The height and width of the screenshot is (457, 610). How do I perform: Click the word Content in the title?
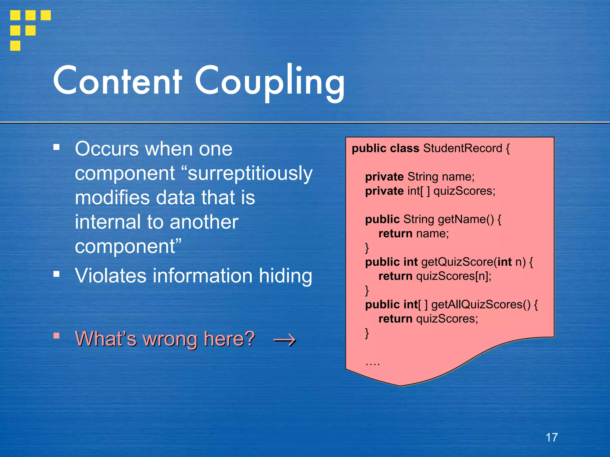pos(117,81)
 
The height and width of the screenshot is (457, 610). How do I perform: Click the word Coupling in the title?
pos(270,82)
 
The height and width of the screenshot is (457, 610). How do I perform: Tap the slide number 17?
pos(552,437)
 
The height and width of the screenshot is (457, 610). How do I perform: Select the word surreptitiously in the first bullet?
pos(250,173)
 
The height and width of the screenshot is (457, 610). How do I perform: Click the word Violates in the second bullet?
pos(111,276)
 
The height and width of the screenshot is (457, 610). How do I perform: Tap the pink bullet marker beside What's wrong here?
pos(56,336)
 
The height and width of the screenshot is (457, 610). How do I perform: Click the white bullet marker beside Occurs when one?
pos(56,147)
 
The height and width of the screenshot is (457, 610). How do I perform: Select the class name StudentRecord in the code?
pos(463,148)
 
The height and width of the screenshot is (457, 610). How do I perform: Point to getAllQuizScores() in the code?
pos(481,305)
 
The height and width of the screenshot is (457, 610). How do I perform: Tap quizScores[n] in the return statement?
pos(452,276)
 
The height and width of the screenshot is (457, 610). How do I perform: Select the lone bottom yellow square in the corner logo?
pos(15,46)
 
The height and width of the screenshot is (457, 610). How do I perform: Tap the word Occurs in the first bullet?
pos(107,149)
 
